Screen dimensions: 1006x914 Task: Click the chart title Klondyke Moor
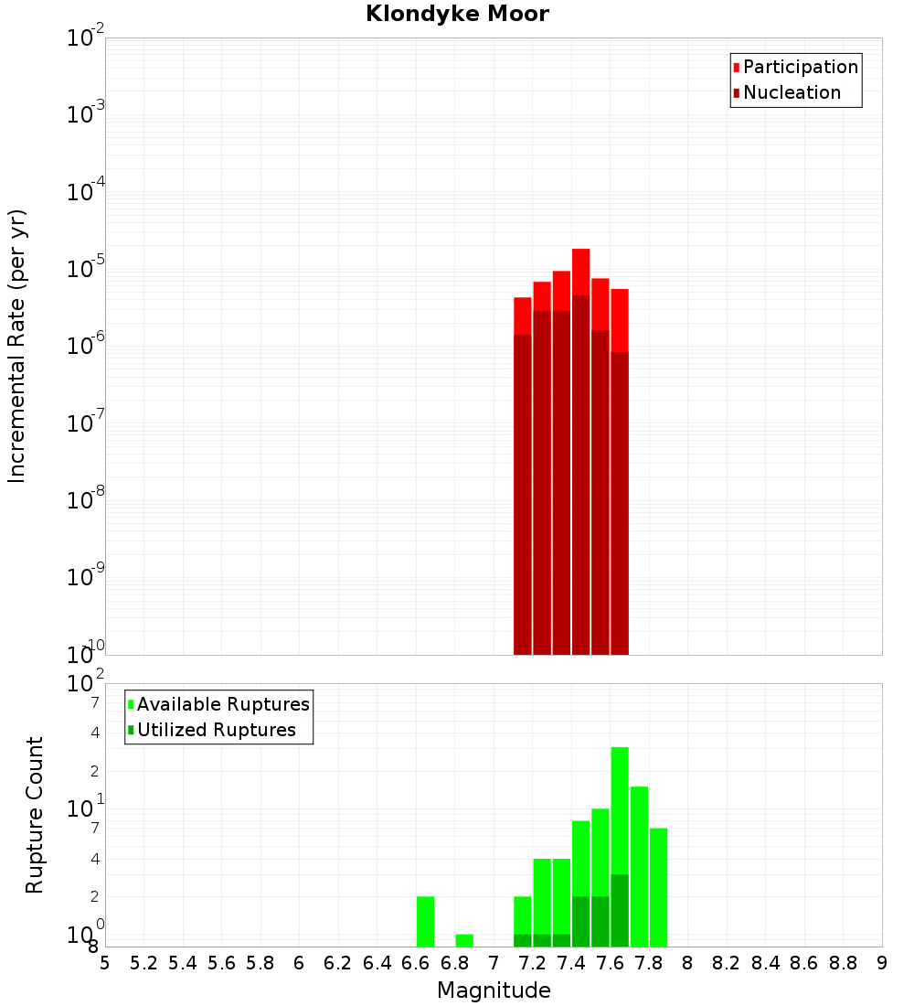pyautogui.click(x=457, y=15)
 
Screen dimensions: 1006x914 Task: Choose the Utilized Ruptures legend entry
pyautogui.click(x=215, y=731)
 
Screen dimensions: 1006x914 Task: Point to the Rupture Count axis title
pyautogui.click(x=35, y=815)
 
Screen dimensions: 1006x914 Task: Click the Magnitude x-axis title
pyautogui.click(x=494, y=990)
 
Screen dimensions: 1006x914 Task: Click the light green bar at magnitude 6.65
pyautogui.click(x=425, y=921)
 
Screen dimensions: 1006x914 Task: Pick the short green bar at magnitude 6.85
pyautogui.click(x=464, y=940)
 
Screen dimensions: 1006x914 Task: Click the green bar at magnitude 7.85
pyautogui.click(x=658, y=887)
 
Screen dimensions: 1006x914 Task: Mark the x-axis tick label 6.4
pyautogui.click(x=377, y=964)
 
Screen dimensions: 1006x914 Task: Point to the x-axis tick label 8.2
pyautogui.click(x=727, y=964)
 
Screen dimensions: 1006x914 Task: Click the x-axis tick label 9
pyautogui.click(x=882, y=964)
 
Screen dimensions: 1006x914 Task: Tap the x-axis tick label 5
pyautogui.click(x=105, y=964)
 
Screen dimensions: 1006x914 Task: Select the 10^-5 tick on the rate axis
pyautogui.click(x=86, y=269)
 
